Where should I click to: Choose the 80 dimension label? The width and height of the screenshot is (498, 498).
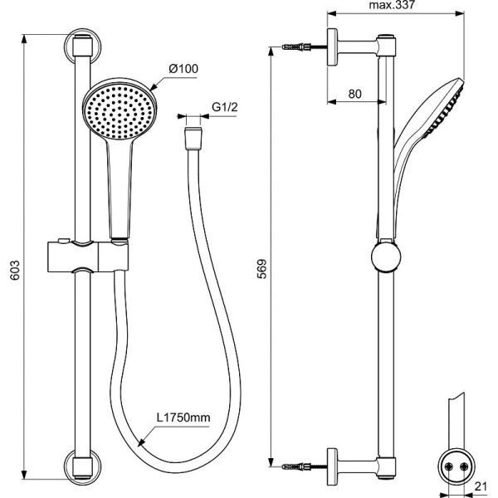coord(354,94)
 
